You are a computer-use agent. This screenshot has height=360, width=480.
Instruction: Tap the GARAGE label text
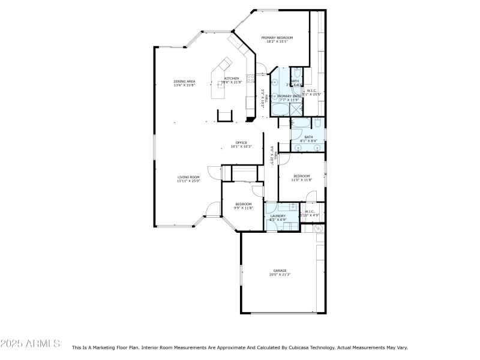280,271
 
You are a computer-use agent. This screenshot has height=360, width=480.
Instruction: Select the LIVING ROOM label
188,177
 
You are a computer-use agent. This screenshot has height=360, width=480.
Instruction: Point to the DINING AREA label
184,82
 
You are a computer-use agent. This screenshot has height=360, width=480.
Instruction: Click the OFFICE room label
241,143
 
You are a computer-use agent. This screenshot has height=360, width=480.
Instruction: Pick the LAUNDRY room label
277,216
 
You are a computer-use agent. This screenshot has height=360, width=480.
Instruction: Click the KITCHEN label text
232,79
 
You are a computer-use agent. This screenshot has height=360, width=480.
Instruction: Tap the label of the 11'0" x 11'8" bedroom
301,176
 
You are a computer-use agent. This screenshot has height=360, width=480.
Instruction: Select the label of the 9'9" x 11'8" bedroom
243,204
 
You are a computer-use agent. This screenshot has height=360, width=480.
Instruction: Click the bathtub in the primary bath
280,109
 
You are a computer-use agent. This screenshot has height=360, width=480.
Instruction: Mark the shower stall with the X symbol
296,109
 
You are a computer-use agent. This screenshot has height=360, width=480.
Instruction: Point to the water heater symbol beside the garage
319,229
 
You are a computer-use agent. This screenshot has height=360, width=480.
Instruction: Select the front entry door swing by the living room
209,210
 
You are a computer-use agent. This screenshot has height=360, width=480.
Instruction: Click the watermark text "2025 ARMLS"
30,344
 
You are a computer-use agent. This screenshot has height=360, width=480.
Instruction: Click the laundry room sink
292,208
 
